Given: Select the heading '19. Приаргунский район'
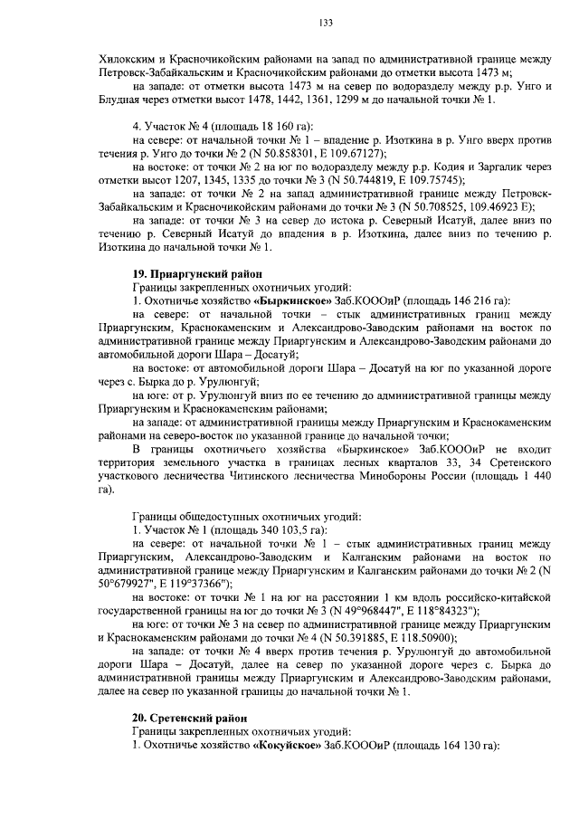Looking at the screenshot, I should click(x=197, y=273).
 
